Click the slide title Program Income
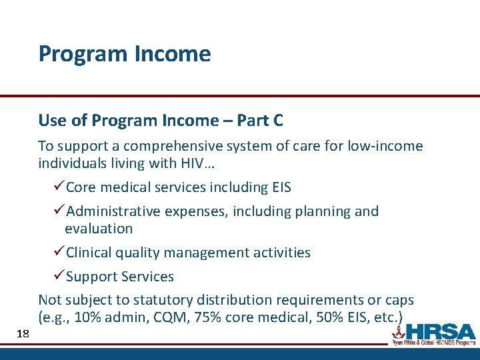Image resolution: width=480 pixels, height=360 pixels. tap(125, 53)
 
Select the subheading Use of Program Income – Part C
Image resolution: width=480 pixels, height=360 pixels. tap(161, 121)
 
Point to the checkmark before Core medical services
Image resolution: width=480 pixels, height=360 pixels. tap(58, 187)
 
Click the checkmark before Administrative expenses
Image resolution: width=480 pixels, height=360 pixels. tap(58, 211)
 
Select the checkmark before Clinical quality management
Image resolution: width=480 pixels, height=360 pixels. tap(58, 253)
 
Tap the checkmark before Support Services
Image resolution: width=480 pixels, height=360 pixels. tap(58, 277)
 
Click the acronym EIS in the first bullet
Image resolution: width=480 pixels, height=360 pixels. tap(279, 187)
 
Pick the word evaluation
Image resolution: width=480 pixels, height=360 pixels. tap(99, 229)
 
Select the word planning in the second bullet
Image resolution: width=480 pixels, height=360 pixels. tap(319, 211)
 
